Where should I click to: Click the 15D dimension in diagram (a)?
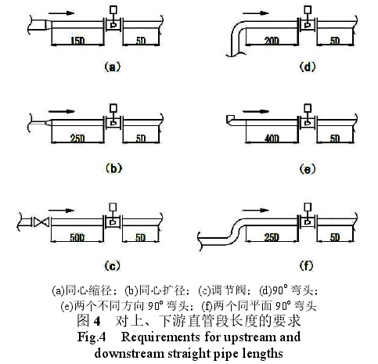tap(77, 41)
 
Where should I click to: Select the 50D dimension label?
tap(77, 237)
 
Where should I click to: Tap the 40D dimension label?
tap(272, 139)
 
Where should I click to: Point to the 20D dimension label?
tap(272, 41)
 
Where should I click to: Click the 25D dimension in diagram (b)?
tap(77, 139)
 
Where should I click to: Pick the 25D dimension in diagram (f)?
tap(272, 237)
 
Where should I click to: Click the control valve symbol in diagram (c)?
tap(41, 222)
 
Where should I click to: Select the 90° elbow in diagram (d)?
tap(237, 34)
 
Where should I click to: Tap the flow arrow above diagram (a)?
tap(62, 13)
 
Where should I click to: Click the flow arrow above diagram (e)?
tap(256, 111)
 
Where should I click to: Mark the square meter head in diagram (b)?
tap(113, 108)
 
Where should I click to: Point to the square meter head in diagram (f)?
tap(308, 207)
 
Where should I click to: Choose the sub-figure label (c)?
tap(113, 266)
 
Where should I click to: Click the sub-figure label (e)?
tap(308, 169)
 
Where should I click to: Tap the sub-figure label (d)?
tap(308, 67)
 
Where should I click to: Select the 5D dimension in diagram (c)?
tap(140, 237)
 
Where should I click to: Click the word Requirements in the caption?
tap(161, 337)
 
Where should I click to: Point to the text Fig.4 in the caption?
tap(92, 337)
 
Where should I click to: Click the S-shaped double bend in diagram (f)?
tap(236, 228)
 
